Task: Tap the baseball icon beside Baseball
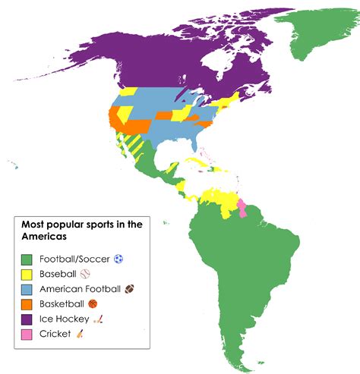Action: pos(84,274)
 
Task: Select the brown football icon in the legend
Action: pos(129,289)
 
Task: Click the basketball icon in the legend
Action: pos(93,304)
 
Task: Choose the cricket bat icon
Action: pos(80,334)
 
